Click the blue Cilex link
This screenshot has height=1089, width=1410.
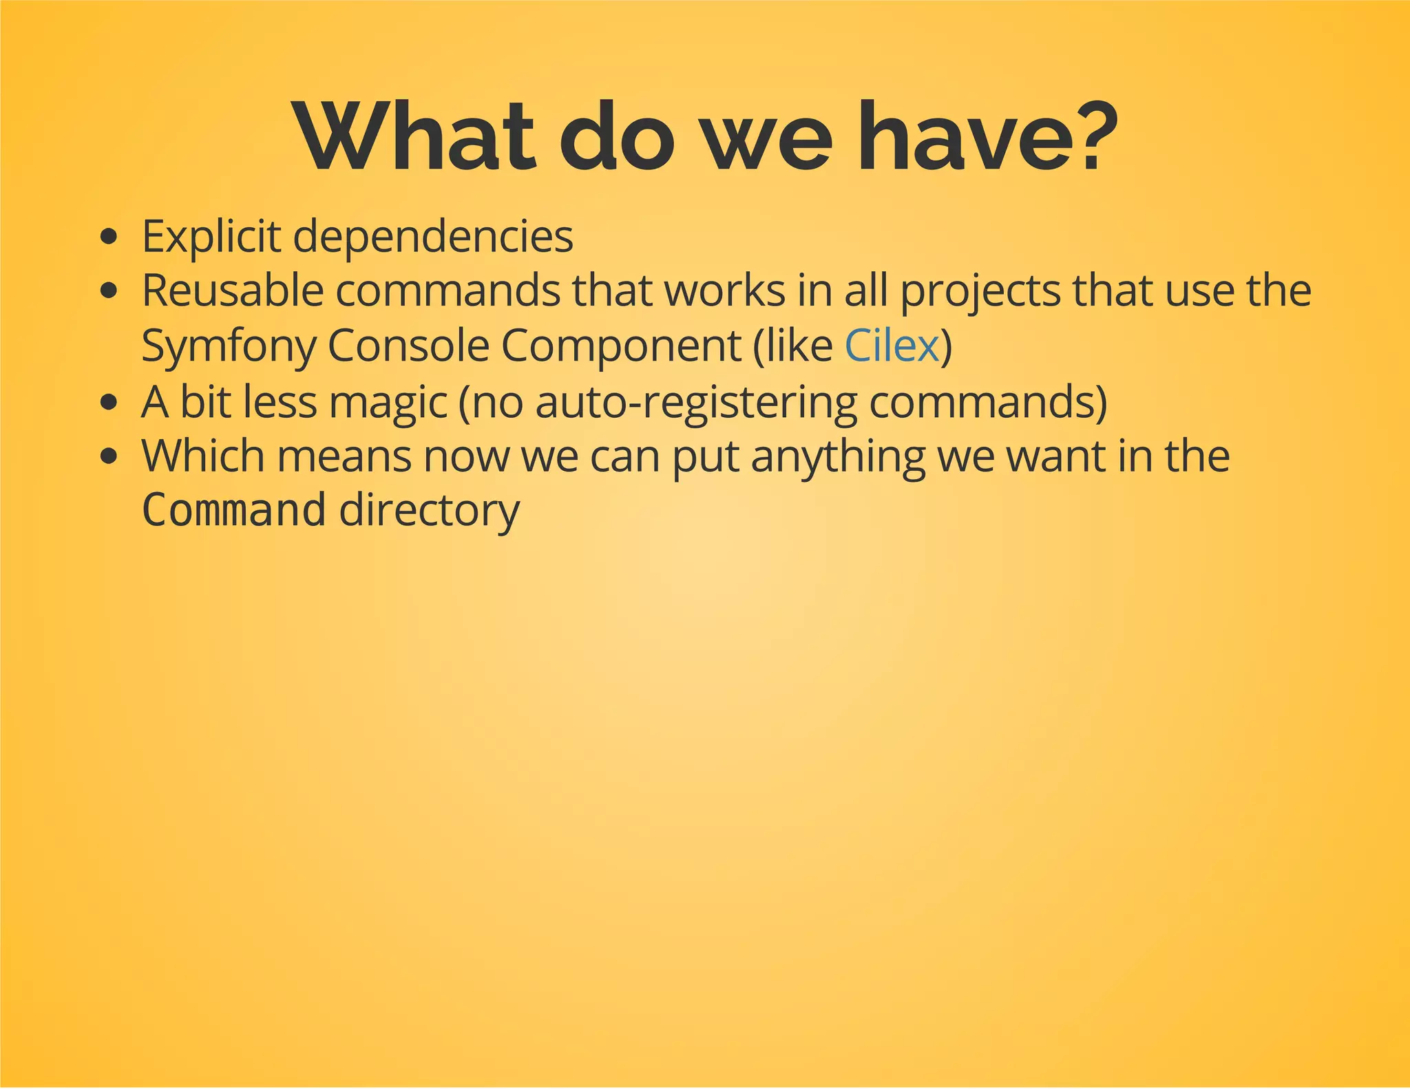[892, 346]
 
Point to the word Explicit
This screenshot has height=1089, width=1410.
[211, 237]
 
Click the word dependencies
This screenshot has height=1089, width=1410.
[433, 237]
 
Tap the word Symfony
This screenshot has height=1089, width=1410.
[229, 346]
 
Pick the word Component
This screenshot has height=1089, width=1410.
[621, 346]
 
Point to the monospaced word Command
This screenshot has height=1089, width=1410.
[233, 510]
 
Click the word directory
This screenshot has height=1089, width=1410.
[430, 511]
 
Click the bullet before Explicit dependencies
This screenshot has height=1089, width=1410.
[108, 238]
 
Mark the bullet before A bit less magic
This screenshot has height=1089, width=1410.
[108, 402]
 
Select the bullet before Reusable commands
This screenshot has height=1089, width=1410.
[108, 292]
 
